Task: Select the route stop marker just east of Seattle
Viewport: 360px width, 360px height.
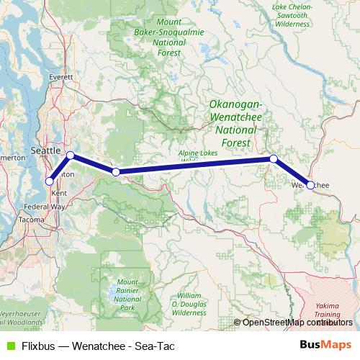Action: [x=71, y=156]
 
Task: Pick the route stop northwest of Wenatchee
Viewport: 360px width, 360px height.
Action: [x=274, y=158]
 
